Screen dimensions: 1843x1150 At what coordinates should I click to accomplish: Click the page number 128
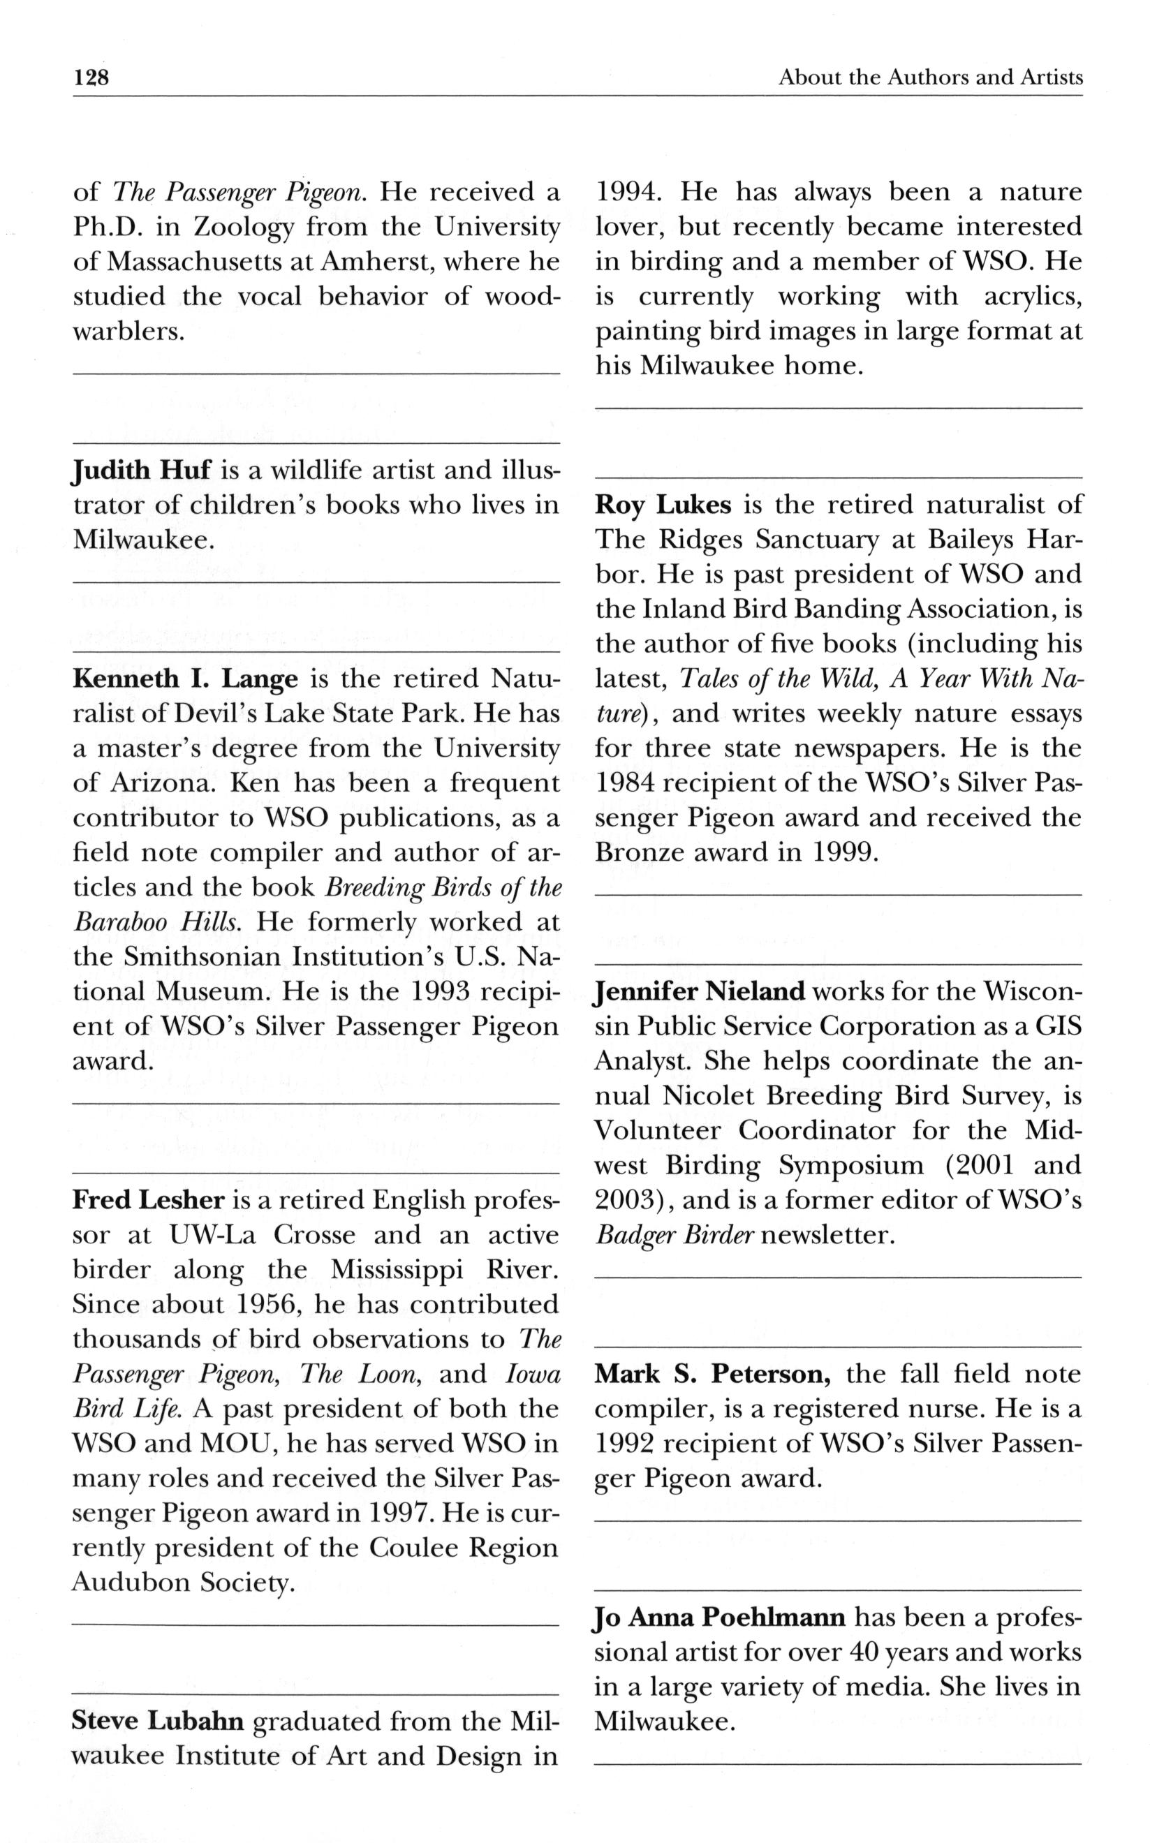click(x=92, y=77)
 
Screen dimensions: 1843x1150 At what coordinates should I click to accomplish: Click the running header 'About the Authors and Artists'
click(x=930, y=77)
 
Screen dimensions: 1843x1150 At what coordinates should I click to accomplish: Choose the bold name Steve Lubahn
click(x=157, y=1722)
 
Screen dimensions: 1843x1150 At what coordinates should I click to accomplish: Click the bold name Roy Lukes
click(x=663, y=505)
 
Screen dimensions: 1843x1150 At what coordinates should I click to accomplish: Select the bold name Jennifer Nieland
click(x=699, y=992)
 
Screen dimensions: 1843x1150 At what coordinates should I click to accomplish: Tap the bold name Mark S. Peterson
click(x=712, y=1375)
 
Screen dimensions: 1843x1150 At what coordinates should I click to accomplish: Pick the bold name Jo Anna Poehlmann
click(x=719, y=1618)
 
